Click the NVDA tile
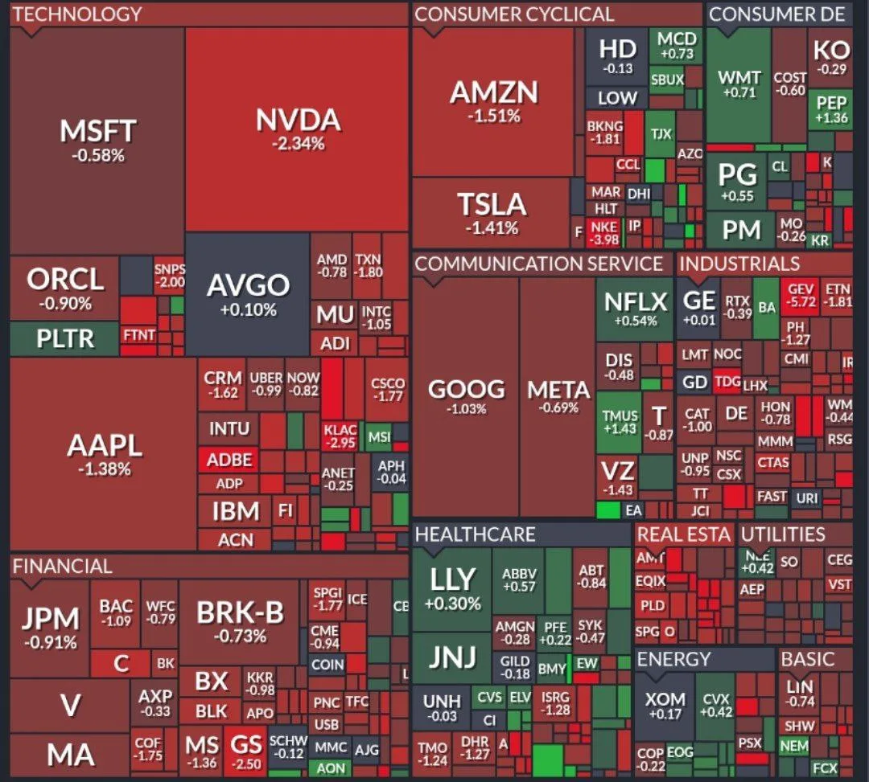[x=297, y=129]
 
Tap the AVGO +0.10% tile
[x=248, y=294]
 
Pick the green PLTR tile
[x=65, y=338]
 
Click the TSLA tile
[x=492, y=213]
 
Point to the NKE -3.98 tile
[x=604, y=233]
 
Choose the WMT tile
[x=739, y=84]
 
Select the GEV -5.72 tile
[x=802, y=295]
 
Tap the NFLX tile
[x=635, y=309]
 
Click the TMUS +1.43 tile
[x=620, y=422]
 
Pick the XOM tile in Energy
[x=665, y=705]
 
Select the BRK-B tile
[x=240, y=622]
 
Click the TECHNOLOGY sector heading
[x=77, y=14]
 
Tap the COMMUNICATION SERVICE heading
[x=538, y=264]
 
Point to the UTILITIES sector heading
[x=783, y=534]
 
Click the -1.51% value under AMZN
[x=494, y=117]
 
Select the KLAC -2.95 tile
[x=340, y=436]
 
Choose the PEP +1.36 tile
[x=831, y=109]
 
